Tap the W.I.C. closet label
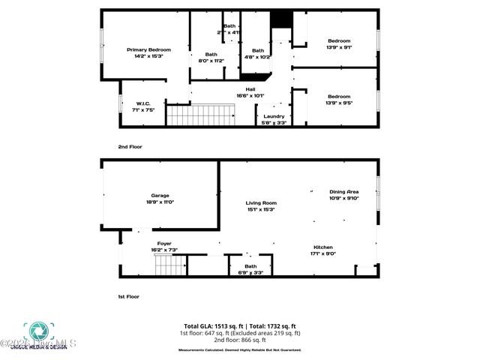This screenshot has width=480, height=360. click(144, 106)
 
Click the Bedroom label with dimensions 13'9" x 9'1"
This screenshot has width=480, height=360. click(339, 43)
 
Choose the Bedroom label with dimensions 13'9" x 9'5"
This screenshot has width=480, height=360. click(339, 99)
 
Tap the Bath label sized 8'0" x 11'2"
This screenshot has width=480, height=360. click(211, 57)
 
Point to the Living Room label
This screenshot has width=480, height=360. click(261, 205)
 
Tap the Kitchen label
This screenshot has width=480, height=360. click(324, 250)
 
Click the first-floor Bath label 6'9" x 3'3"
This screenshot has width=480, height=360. click(250, 268)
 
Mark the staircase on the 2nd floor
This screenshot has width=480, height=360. click(200, 115)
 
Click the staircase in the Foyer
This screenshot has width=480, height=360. click(169, 265)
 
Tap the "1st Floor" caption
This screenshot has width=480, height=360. click(129, 296)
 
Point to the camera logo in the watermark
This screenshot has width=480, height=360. click(35, 331)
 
